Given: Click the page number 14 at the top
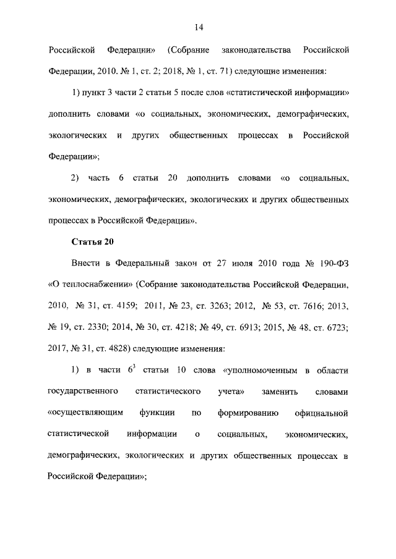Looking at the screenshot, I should (x=198, y=27).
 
